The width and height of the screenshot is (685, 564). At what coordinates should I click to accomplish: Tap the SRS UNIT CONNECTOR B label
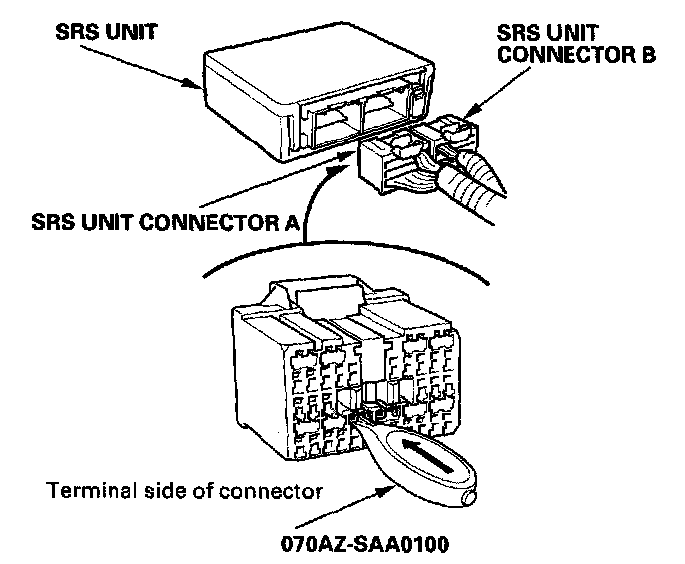[x=575, y=42]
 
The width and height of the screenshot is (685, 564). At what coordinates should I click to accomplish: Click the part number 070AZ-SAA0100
[x=365, y=545]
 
